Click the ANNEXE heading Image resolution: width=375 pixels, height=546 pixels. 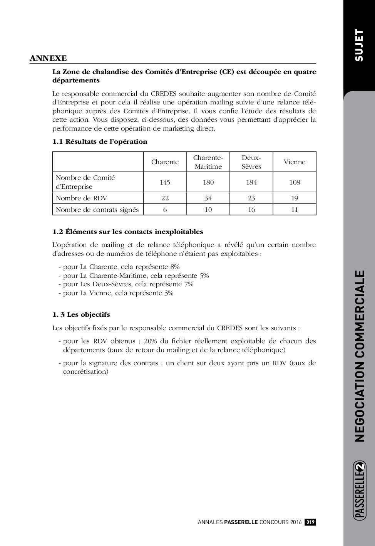(x=48, y=58)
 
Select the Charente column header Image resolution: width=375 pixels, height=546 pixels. (x=165, y=162)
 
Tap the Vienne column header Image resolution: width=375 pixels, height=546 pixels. (x=295, y=162)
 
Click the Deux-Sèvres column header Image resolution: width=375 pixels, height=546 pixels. (x=251, y=162)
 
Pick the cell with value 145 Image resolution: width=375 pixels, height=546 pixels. (x=165, y=182)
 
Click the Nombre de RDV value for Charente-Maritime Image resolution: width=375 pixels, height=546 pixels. (x=208, y=198)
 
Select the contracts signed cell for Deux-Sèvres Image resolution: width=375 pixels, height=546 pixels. (x=251, y=210)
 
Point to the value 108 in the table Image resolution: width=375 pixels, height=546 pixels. (x=295, y=182)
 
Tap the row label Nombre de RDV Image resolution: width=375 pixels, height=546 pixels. (x=81, y=198)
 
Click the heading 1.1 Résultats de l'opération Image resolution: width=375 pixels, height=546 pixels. (x=100, y=141)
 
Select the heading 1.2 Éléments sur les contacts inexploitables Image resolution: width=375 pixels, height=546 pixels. (x=128, y=232)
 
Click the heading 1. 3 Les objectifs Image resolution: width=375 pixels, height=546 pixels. (x=81, y=314)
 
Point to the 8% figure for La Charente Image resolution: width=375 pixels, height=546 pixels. (x=175, y=267)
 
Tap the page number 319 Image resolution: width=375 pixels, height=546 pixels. (x=310, y=522)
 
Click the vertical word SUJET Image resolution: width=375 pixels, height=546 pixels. (x=359, y=45)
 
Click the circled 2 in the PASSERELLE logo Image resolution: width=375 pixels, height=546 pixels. (x=360, y=467)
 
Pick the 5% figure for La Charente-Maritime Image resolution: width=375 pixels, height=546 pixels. (x=204, y=276)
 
